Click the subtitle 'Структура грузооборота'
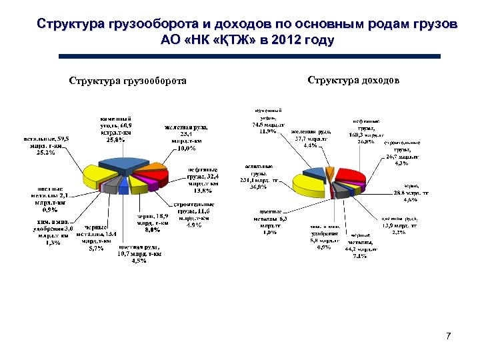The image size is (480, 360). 127,82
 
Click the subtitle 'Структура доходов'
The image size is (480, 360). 353,81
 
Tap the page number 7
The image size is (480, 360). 449,335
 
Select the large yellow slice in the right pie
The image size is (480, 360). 312,183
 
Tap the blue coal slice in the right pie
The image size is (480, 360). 319,172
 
